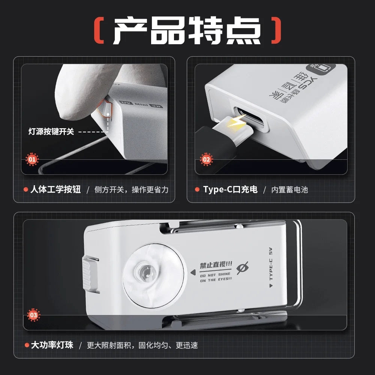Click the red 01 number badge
pos(32,160)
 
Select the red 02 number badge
pos(206,159)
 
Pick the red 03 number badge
pos(33,315)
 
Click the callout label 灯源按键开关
pos(51,132)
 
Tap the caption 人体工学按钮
pos(56,190)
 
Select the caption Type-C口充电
pos(230,190)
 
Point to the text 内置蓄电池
pos(289,190)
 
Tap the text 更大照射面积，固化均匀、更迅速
pos(142,345)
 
